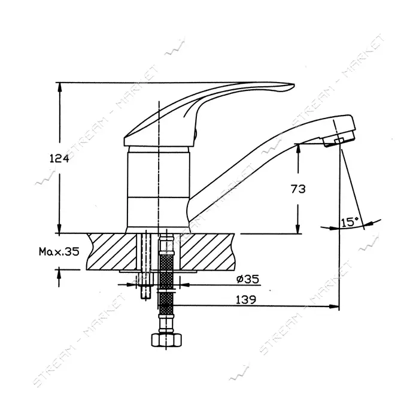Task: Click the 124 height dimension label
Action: coord(59,159)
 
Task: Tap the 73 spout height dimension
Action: coord(298,189)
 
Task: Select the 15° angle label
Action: coord(350,222)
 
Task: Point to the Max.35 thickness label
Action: coord(59,251)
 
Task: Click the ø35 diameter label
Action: coord(248,280)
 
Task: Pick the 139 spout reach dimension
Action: coord(246,299)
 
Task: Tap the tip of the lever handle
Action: coord(294,86)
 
